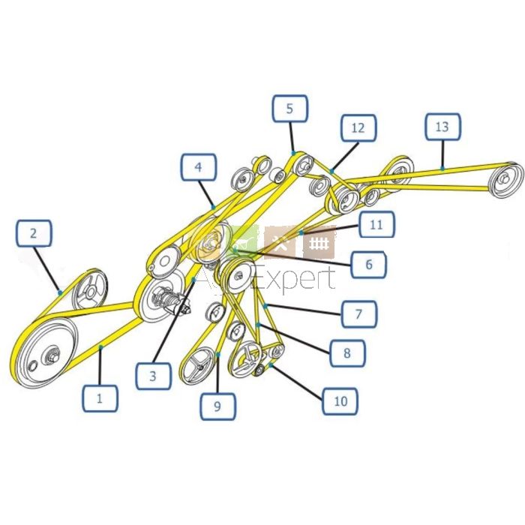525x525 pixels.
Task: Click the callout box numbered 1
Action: click(x=100, y=398)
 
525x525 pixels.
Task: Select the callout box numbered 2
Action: click(x=34, y=233)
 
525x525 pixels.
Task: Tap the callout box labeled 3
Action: click(x=153, y=376)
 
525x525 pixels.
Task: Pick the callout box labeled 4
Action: click(x=199, y=167)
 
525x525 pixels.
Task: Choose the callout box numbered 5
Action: click(x=290, y=109)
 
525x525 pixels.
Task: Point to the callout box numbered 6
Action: click(x=369, y=265)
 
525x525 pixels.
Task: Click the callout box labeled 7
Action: click(x=359, y=314)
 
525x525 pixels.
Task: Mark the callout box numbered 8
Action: click(x=347, y=353)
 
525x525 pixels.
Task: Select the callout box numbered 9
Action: click(x=218, y=406)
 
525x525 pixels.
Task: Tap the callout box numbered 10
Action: click(x=340, y=400)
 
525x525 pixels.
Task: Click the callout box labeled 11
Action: click(x=376, y=224)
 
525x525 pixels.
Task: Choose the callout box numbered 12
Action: click(x=358, y=127)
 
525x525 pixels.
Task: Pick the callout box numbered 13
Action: click(x=443, y=127)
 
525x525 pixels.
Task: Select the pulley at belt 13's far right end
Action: click(x=505, y=181)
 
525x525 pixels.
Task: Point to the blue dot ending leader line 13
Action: click(x=442, y=169)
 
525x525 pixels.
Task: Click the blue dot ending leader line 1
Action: click(x=100, y=347)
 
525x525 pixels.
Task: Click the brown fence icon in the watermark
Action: click(x=319, y=243)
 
